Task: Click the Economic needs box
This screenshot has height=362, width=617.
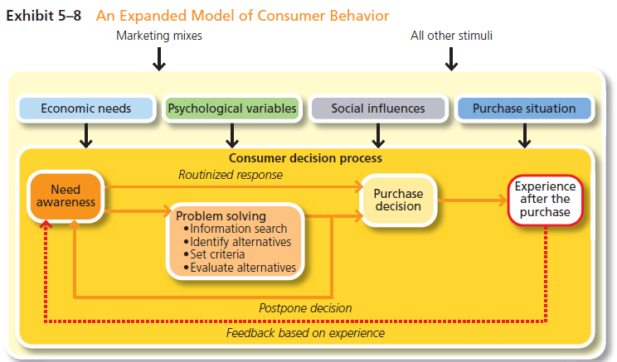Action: point(86,109)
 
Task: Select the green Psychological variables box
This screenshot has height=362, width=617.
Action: point(232,109)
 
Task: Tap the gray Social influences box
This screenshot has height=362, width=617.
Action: point(377,109)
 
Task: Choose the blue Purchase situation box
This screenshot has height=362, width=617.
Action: point(523,109)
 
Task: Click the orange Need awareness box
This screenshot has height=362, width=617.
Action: point(66,196)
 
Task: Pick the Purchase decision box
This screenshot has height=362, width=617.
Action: point(398,200)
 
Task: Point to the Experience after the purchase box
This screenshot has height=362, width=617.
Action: point(546,199)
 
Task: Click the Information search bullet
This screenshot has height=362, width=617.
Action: point(235,229)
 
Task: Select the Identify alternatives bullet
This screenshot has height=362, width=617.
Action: point(236,242)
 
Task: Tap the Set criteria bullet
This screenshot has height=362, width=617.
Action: point(216,254)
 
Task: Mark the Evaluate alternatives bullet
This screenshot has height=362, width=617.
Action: point(239,268)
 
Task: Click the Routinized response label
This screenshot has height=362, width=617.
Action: point(230,175)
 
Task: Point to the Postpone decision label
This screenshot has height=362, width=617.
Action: point(305,308)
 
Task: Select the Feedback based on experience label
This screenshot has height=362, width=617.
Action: point(305,333)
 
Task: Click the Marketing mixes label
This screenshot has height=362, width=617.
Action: point(159,36)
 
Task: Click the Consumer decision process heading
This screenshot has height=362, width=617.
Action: point(305,157)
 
